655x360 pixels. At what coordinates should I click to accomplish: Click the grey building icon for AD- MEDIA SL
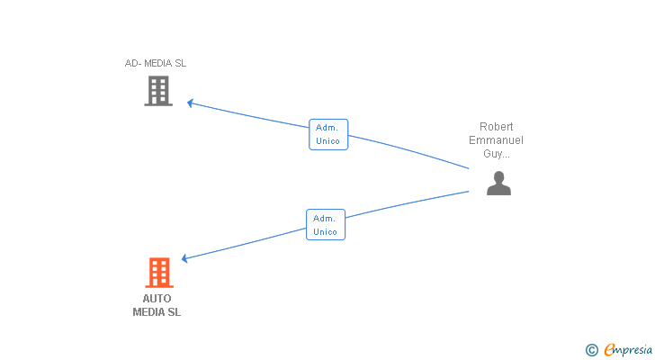click(x=158, y=91)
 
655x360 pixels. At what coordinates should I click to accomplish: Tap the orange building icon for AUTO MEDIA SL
click(x=159, y=273)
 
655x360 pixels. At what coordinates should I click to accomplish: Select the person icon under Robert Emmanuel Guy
click(x=498, y=184)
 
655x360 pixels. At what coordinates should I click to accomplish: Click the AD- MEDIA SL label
click(x=156, y=64)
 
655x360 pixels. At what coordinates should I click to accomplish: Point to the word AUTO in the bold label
click(x=157, y=299)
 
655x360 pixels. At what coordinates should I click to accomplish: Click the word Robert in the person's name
click(x=497, y=127)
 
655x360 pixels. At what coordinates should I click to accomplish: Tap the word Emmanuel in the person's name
click(x=496, y=139)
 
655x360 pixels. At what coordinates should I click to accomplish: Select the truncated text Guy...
click(x=497, y=154)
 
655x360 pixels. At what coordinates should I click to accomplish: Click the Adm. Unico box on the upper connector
click(x=328, y=134)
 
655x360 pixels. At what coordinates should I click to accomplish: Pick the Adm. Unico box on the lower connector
click(x=326, y=225)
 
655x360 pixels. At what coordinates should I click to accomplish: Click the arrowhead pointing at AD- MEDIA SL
click(x=190, y=103)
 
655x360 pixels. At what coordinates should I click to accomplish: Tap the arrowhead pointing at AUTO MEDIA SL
click(x=184, y=258)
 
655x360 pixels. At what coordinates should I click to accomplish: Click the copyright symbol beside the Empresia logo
click(x=592, y=350)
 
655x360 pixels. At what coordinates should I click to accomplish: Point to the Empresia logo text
click(x=628, y=350)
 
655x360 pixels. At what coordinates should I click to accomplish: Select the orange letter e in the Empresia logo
click(x=610, y=349)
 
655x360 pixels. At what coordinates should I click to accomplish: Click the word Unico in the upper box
click(x=327, y=141)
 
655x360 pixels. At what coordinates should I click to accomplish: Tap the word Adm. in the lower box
click(x=324, y=219)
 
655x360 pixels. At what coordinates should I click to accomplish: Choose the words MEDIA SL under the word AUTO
click(x=157, y=312)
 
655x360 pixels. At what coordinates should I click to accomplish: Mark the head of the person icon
click(x=498, y=177)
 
